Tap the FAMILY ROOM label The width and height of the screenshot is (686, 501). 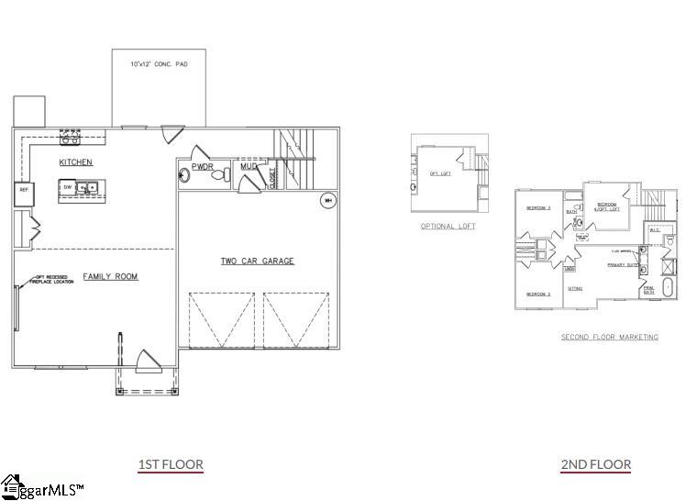[x=111, y=276]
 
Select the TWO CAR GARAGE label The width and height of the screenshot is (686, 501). [x=257, y=262]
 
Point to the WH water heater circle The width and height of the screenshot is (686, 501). [x=326, y=200]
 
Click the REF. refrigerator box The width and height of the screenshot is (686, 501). [x=22, y=193]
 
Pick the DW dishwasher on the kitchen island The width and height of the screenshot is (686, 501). [x=68, y=187]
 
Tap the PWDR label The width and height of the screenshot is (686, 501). [x=203, y=167]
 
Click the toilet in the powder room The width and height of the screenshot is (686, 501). [x=218, y=179]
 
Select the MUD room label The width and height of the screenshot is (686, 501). [x=249, y=167]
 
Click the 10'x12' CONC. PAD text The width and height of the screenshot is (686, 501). [x=159, y=64]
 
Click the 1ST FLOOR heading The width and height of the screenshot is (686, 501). [x=171, y=464]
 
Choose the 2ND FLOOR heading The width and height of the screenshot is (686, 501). [x=596, y=464]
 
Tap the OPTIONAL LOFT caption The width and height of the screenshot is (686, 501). [x=448, y=226]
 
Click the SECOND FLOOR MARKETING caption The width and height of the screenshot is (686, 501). [x=610, y=337]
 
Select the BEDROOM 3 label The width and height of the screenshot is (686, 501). [x=537, y=208]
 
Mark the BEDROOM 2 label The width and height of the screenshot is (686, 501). [x=537, y=294]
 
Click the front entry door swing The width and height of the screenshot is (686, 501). [x=146, y=361]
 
